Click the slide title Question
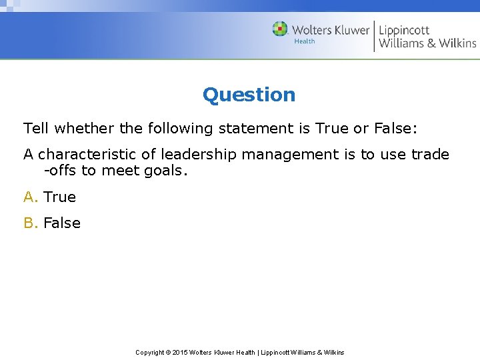coord(249,95)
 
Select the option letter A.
coord(29,197)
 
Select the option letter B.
coord(29,223)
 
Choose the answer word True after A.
coord(59,197)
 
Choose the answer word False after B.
coord(61,223)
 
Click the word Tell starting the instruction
coord(37,127)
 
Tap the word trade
coord(430,154)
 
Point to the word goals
coord(163,171)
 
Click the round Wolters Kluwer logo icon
coord(280,29)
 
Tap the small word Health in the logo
coord(305,41)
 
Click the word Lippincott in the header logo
coord(404,30)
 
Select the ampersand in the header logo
coord(432,43)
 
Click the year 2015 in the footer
coord(181,352)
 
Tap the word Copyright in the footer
coord(151,352)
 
